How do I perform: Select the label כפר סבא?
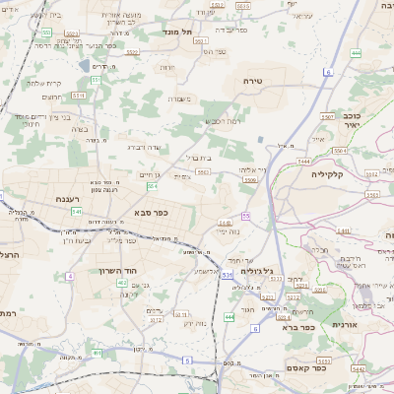pos(150,211)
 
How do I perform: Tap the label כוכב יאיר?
pos(353,119)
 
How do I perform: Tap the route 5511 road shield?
pos(78,96)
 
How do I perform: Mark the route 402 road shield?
pos(122,284)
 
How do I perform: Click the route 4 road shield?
pos(70,276)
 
